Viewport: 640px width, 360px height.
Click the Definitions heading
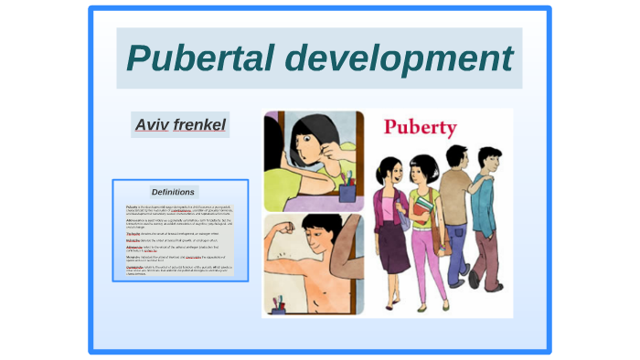(173, 192)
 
